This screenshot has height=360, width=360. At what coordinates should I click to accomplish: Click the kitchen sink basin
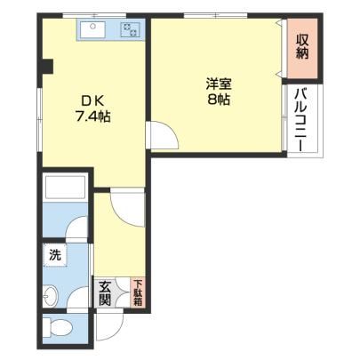(x=93, y=29)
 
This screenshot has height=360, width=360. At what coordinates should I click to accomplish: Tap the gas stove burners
(x=131, y=30)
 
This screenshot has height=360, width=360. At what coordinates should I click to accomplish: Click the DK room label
(x=92, y=101)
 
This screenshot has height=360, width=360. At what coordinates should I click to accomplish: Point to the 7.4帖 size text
(x=93, y=116)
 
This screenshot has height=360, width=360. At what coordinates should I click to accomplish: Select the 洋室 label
(x=219, y=84)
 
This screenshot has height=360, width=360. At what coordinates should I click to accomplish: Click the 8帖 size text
(x=219, y=100)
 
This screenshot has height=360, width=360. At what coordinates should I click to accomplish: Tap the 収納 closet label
(x=302, y=47)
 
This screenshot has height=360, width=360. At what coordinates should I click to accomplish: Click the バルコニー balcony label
(x=302, y=120)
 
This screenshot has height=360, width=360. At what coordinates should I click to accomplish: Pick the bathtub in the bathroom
(x=65, y=187)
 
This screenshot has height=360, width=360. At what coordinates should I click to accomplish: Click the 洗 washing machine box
(x=55, y=254)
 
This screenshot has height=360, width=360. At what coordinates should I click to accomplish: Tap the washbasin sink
(x=51, y=295)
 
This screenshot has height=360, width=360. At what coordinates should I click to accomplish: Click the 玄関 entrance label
(x=105, y=293)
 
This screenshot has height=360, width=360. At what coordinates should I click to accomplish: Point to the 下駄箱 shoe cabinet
(x=138, y=292)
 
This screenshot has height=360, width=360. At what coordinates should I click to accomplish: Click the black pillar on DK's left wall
(x=47, y=67)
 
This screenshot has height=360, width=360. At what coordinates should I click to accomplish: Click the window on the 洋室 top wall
(x=215, y=16)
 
